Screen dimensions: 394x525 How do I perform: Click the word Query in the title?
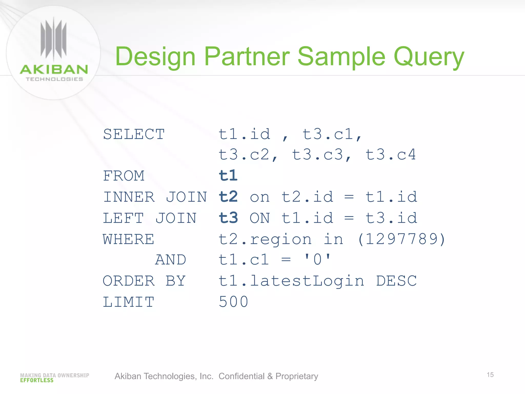pyautogui.click(x=429, y=57)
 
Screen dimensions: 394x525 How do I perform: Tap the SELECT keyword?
pyautogui.click(x=134, y=134)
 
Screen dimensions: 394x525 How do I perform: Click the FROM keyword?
pyautogui.click(x=124, y=176)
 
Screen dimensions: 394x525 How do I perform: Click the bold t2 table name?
pyautogui.click(x=228, y=197)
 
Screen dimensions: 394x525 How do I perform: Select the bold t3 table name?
pyautogui.click(x=228, y=218)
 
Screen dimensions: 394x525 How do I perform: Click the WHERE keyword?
pyautogui.click(x=128, y=239)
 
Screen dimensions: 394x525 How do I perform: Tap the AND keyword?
pyautogui.click(x=171, y=260)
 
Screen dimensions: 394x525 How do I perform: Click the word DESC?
pyautogui.click(x=396, y=281)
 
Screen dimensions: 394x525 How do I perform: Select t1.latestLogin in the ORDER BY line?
pyautogui.click(x=291, y=281)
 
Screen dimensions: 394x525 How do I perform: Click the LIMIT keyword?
pyautogui.click(x=128, y=302)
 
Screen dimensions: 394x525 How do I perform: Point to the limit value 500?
pyautogui.click(x=234, y=302)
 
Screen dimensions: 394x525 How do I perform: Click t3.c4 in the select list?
pyautogui.click(x=390, y=155)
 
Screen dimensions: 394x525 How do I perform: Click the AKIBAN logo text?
pyautogui.click(x=54, y=70)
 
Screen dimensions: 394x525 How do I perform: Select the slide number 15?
pyautogui.click(x=490, y=375)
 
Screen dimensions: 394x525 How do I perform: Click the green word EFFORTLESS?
pyautogui.click(x=37, y=380)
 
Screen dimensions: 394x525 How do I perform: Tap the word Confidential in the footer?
pyautogui.click(x=241, y=376)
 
